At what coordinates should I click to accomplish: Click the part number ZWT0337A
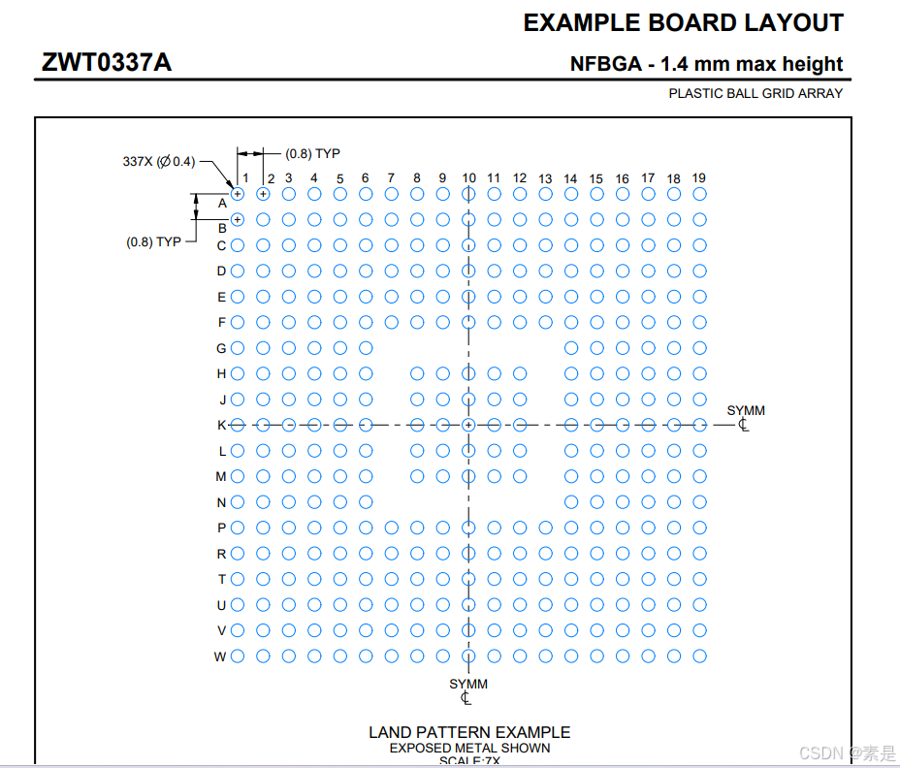click(107, 62)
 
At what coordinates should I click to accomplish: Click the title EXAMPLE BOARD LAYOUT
click(683, 22)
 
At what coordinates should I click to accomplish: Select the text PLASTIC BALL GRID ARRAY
click(755, 94)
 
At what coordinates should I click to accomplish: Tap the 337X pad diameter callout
click(158, 161)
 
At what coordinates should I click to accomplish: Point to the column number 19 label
click(698, 177)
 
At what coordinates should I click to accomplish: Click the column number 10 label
click(468, 177)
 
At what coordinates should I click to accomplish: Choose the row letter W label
click(220, 656)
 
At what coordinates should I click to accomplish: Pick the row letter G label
click(221, 348)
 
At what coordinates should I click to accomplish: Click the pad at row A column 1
click(238, 194)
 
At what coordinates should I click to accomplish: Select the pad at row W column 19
click(699, 656)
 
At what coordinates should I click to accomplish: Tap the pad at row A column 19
click(699, 194)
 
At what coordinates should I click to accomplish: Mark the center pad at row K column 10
click(468, 425)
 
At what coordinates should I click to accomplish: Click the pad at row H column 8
click(417, 373)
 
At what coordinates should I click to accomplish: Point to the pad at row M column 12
click(520, 476)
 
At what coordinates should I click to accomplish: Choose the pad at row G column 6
click(366, 348)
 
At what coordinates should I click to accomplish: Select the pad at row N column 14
click(571, 502)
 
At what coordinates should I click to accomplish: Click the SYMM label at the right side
click(746, 411)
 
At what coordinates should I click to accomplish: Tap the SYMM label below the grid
click(468, 685)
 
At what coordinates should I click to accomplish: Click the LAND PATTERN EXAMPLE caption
click(469, 732)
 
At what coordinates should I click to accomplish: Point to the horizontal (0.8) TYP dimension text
click(312, 153)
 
